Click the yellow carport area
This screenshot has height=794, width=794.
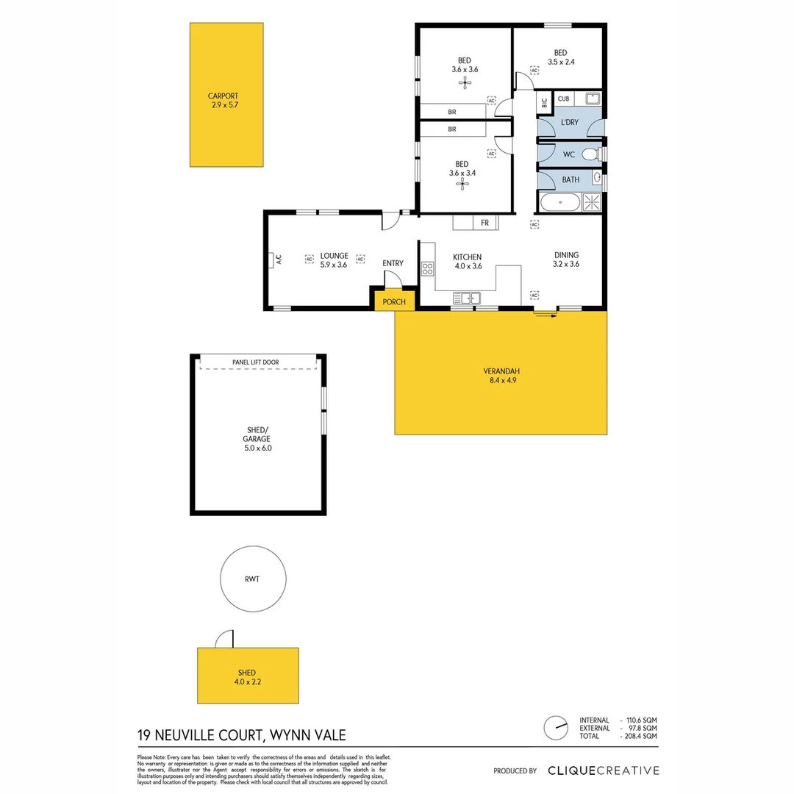click(226, 94)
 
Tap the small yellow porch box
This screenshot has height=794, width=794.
click(394, 301)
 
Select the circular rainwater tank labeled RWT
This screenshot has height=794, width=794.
click(251, 579)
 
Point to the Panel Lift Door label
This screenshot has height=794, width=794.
click(255, 362)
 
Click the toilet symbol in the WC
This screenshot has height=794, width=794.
click(590, 154)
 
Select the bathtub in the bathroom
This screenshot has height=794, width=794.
click(560, 202)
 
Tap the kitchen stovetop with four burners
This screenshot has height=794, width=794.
click(427, 269)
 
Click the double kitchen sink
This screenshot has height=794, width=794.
click(467, 298)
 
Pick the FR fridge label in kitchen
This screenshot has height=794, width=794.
click(484, 223)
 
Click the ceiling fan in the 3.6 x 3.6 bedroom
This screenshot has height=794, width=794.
click(465, 82)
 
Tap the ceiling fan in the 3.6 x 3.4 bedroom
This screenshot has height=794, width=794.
click(462, 184)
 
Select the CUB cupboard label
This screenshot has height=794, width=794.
click(563, 99)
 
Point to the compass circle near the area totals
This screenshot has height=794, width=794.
click(556, 728)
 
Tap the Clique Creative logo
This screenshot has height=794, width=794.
click(603, 770)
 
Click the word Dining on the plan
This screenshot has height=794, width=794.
click(566, 255)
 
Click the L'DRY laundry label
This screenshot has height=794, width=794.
click(569, 122)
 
